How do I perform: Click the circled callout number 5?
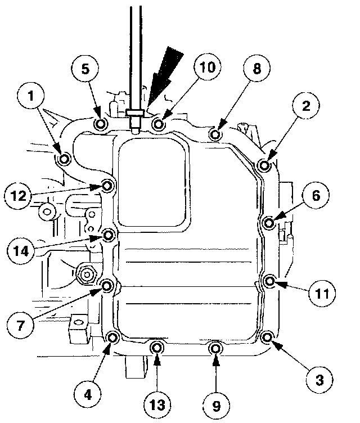pos(85,69)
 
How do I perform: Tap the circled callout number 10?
pos(208,67)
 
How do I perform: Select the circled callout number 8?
pos(256,68)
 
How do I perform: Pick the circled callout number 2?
pos(306,105)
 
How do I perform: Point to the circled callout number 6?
pos(316,195)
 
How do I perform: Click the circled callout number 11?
pos(322,293)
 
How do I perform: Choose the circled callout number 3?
pos(319,380)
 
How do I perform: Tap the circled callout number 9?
pos(216,405)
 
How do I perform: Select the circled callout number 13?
pos(157,404)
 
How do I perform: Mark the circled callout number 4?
pos(88,394)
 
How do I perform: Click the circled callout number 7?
pos(20,325)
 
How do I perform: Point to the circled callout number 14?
pos(21,251)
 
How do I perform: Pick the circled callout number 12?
pos(19,195)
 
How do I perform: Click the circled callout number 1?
pos(31,96)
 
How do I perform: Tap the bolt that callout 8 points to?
pos(215,134)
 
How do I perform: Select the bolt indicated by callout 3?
pos(267,337)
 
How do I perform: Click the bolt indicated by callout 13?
pos(156,348)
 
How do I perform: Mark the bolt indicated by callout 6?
pos(269,223)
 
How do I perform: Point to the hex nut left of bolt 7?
pos(87,274)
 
